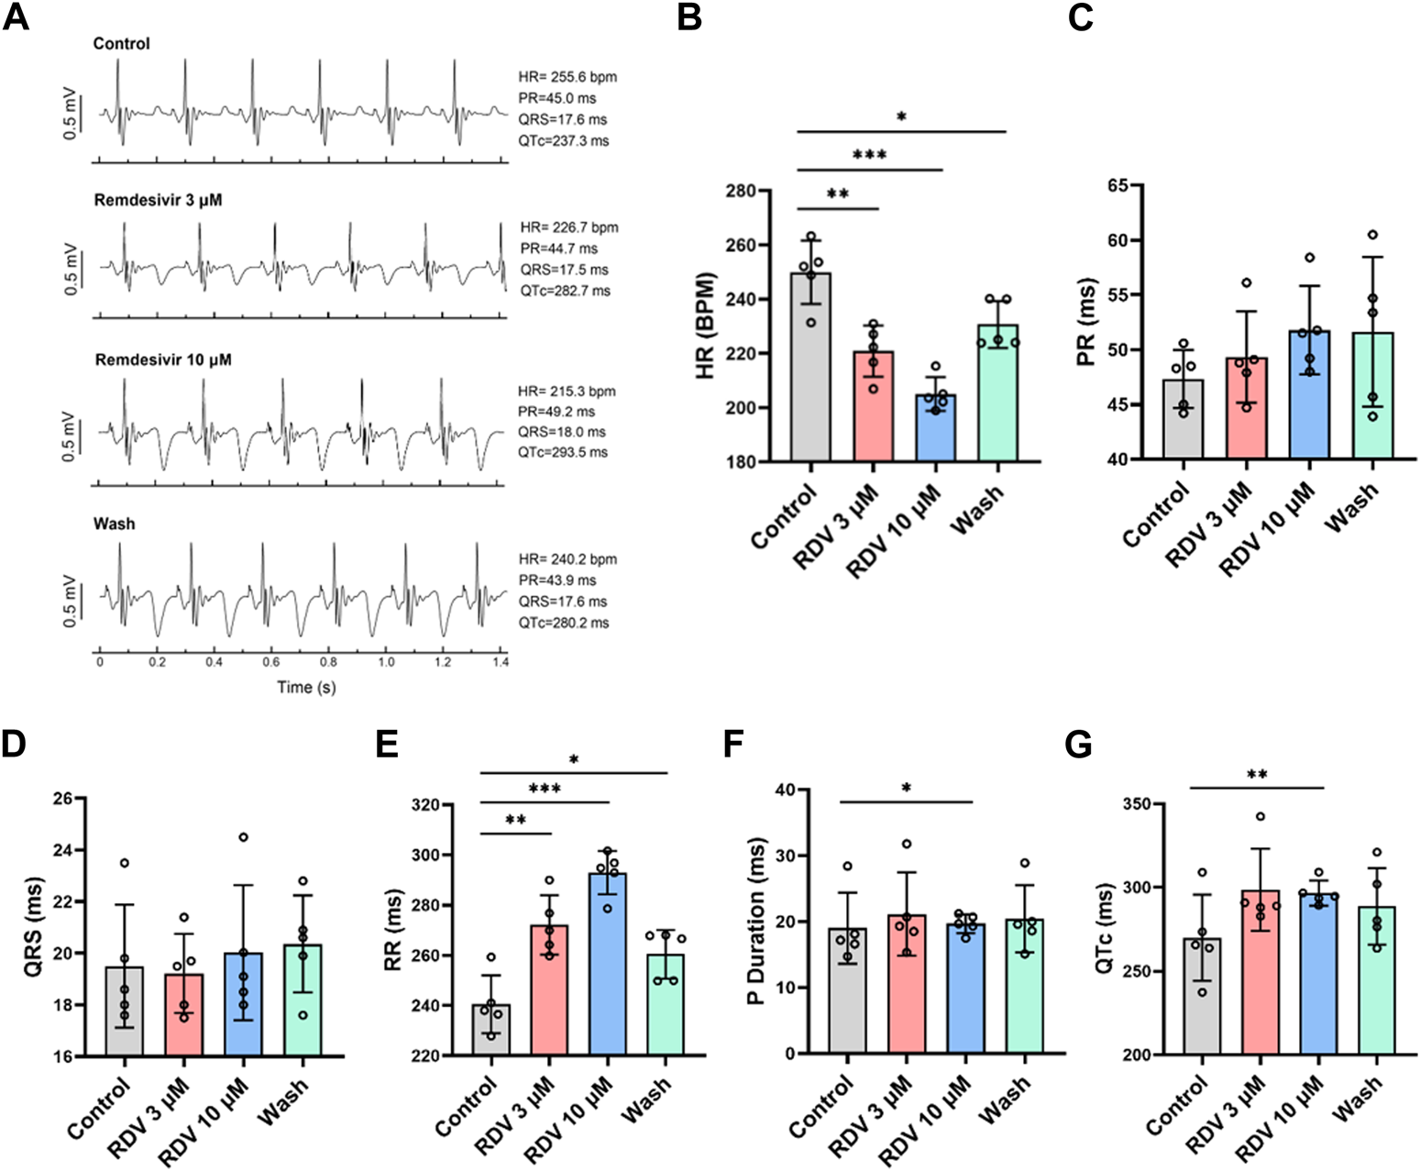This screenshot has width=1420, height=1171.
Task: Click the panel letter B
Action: click(x=689, y=17)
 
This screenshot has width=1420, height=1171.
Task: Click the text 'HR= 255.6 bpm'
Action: click(x=567, y=77)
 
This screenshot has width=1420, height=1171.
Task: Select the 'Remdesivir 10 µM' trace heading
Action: click(x=163, y=360)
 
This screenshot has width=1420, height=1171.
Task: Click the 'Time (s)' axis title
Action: click(x=306, y=687)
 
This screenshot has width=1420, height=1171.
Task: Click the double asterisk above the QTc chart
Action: click(x=1257, y=776)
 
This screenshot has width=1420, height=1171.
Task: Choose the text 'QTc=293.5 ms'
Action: click(x=563, y=452)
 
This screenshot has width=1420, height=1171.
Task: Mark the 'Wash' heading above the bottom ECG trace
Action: click(x=115, y=524)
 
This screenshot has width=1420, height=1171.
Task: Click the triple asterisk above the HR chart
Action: click(x=869, y=155)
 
